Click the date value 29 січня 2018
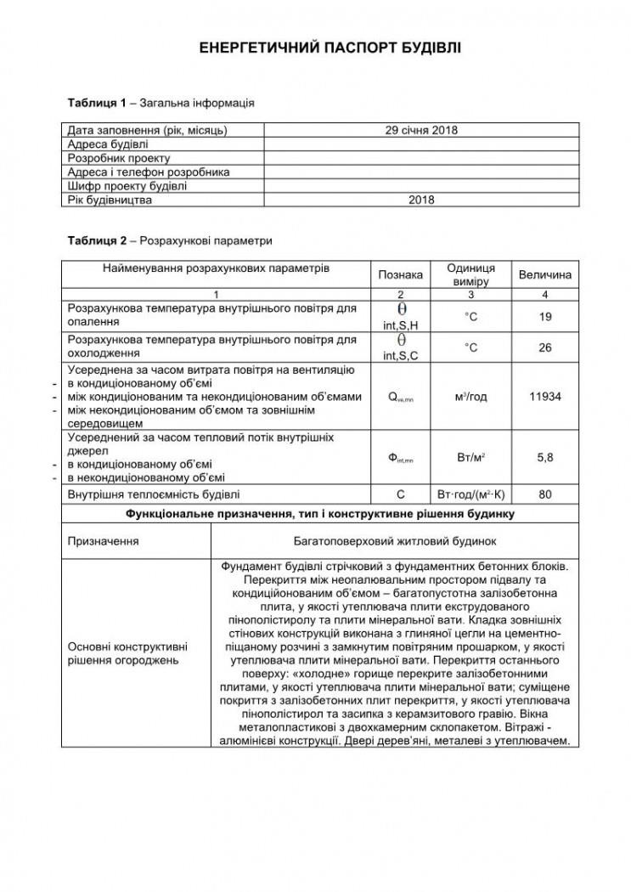point(421,131)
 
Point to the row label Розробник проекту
point(119,158)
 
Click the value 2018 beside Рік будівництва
point(421,200)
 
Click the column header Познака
point(400,274)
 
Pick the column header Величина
point(544,274)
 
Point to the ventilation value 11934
point(544,397)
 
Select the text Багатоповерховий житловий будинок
point(394,540)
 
